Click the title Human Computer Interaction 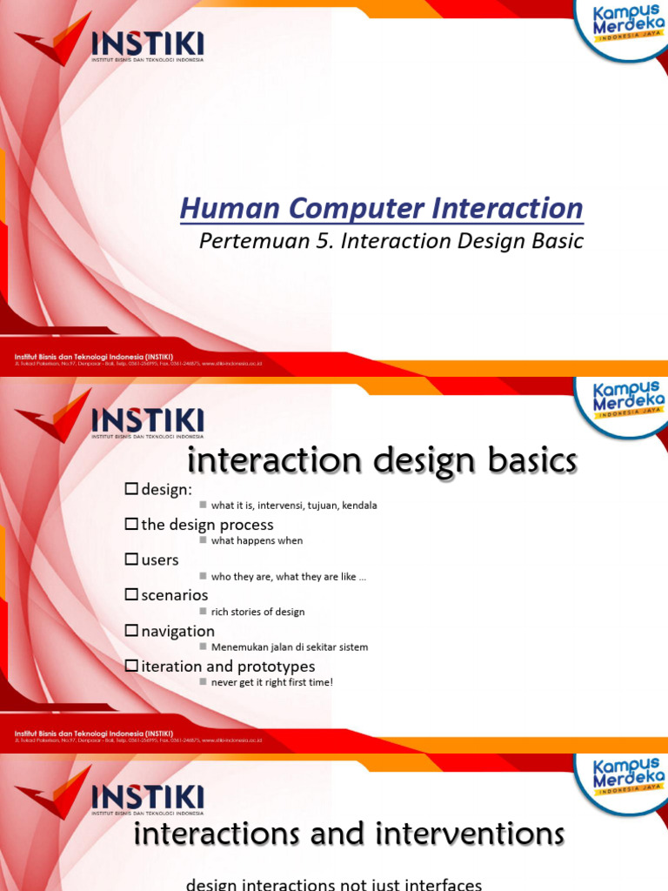pos(381,209)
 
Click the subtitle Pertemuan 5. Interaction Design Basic pos(391,241)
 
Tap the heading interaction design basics pos(383,461)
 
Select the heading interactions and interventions pos(349,834)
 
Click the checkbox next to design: pos(131,489)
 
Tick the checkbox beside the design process pos(131,525)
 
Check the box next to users pos(131,560)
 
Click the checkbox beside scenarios pos(131,595)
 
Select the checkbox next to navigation pos(131,631)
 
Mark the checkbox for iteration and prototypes pos(131,667)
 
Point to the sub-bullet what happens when pos(257,540)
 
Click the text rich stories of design pos(257,612)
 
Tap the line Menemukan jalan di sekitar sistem pos(289,646)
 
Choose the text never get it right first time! pos(271,682)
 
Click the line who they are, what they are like pos(288,576)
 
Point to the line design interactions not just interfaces pos(334,884)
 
